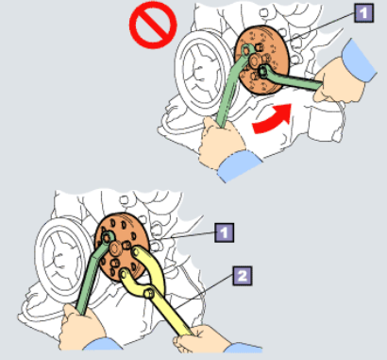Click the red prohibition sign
point(153,25)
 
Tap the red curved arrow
point(272,120)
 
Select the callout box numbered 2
point(243,276)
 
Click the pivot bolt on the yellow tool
point(149,294)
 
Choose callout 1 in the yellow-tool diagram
point(224,232)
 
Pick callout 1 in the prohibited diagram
point(364,13)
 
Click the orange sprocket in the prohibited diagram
point(261,60)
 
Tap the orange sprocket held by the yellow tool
point(122,247)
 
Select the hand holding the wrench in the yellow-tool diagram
point(82,328)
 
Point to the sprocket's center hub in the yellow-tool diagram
point(114,249)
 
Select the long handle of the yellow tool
point(172,315)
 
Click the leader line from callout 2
point(205,292)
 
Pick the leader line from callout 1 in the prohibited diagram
point(319,27)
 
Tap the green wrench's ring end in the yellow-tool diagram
point(107,237)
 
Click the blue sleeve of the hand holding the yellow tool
point(244,348)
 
